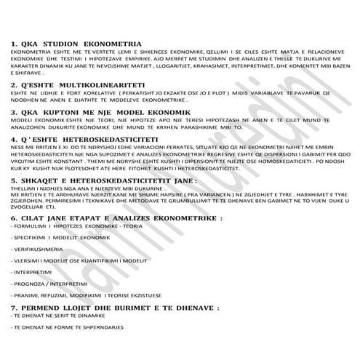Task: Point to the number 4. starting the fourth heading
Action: coord(15,137)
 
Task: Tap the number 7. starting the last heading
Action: coord(15,308)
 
